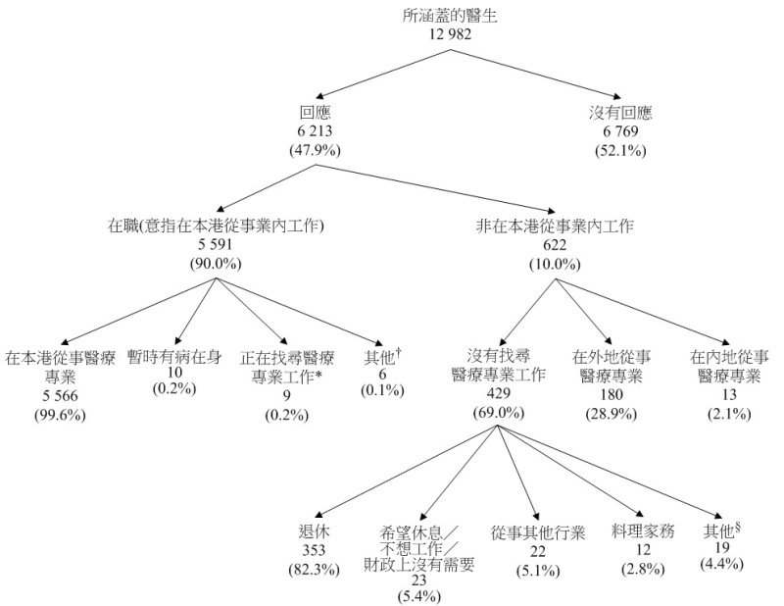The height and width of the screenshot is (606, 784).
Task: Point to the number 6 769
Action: tap(620, 131)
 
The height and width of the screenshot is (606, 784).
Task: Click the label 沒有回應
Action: tap(620, 113)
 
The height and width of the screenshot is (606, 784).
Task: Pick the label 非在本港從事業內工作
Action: tap(555, 226)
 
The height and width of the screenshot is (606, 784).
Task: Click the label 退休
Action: tap(313, 530)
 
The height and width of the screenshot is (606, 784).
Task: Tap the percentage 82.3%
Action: tap(313, 569)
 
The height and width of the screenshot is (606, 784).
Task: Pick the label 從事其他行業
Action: tap(538, 532)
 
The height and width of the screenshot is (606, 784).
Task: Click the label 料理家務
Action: tap(639, 531)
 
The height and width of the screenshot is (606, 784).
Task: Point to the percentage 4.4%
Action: tap(723, 564)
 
